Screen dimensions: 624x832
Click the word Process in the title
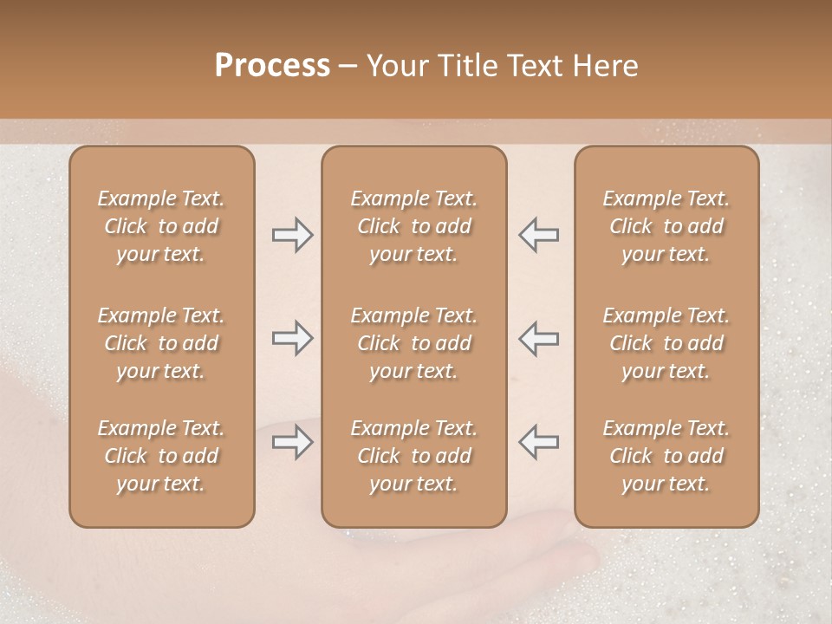point(272,66)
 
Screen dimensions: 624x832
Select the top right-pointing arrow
point(293,235)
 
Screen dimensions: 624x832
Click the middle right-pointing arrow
point(293,338)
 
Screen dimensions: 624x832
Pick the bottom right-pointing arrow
point(293,442)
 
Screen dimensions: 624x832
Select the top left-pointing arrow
point(538,235)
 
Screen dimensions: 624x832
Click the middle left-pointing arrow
point(538,338)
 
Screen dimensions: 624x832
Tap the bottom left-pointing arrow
point(538,442)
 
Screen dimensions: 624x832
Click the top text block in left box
point(161,226)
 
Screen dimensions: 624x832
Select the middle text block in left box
point(161,343)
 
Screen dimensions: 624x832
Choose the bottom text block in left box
point(161,456)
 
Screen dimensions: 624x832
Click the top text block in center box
point(413,226)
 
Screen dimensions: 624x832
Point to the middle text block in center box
point(413,343)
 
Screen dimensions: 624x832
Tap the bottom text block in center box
point(413,456)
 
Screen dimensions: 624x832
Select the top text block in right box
point(666,226)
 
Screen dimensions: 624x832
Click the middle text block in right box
point(666,343)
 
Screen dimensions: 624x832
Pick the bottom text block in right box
point(666,456)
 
